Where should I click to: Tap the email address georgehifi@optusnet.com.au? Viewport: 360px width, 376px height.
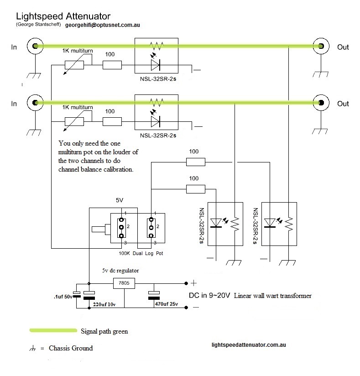coord(102,26)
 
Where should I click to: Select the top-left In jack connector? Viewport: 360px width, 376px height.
coord(33,47)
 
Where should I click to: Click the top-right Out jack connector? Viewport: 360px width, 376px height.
coord(321,47)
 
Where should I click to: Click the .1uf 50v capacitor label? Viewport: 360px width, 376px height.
coord(62,297)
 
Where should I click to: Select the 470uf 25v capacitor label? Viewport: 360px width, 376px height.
coord(167,304)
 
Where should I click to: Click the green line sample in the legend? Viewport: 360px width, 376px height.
coord(52,330)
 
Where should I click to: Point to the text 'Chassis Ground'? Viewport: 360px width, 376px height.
coord(70,348)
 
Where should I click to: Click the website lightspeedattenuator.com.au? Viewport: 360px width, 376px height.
coord(249,345)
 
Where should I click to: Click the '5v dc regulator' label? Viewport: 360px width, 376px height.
coord(120,270)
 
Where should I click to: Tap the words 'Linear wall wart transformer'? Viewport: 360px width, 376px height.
coord(273,296)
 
